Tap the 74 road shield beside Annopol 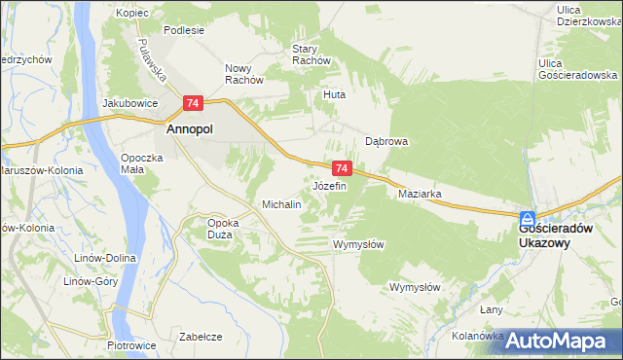coord(193,103)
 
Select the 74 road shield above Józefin coord(341,168)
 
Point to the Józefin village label coord(329,186)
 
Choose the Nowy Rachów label coord(244,74)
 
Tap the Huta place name coord(335,95)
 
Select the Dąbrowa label coord(386,141)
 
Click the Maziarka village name coord(421,194)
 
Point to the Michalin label coord(281,205)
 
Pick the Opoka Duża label coord(224,228)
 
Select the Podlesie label coord(184,30)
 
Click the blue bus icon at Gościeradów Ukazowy coord(527,220)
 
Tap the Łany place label coord(493,308)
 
